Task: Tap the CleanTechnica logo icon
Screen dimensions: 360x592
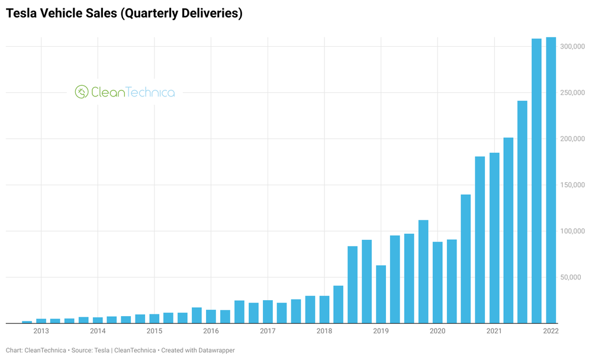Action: pyautogui.click(x=81, y=92)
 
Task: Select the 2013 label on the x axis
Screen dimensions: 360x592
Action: pyautogui.click(x=41, y=330)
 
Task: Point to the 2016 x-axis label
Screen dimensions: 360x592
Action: pyautogui.click(x=211, y=330)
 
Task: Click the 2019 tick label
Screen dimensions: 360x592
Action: pyautogui.click(x=381, y=330)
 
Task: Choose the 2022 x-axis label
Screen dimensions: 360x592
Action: pyautogui.click(x=551, y=330)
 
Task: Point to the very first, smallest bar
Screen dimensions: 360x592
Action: pyautogui.click(x=27, y=322)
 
